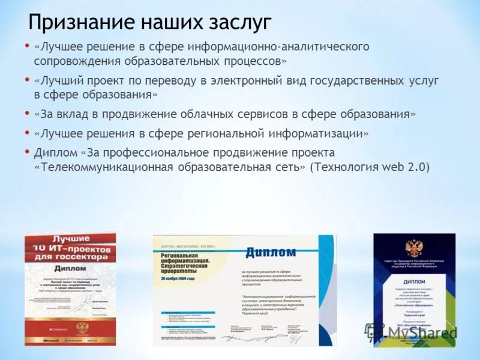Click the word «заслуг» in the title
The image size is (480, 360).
point(239,22)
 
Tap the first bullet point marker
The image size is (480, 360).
point(26,45)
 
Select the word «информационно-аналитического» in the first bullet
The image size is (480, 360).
point(278,46)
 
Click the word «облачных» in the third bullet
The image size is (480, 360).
point(245,113)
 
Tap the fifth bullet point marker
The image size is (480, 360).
point(26,151)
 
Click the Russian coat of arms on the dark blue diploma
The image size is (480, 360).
point(413,248)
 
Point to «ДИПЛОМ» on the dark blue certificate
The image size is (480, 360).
point(413,281)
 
